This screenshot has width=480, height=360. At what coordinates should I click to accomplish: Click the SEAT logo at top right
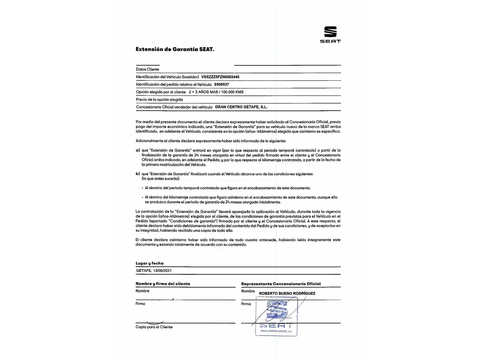330,34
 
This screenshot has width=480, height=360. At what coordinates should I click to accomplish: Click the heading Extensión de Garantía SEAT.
175,49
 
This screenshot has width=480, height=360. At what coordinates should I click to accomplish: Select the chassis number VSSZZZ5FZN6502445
220,77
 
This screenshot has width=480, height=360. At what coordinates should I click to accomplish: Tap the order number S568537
221,85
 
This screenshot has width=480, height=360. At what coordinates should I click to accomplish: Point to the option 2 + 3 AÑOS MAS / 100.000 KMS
216,92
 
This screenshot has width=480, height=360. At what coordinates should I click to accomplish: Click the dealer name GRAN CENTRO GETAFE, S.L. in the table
241,107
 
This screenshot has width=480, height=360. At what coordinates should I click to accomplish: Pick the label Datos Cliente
147,69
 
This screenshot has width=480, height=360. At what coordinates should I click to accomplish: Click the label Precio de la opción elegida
159,100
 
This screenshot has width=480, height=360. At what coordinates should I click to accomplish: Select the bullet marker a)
138,150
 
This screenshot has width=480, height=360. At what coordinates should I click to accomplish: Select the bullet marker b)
138,174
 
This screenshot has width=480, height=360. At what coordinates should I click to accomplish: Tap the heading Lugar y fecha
149,263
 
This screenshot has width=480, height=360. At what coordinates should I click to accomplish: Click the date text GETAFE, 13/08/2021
154,271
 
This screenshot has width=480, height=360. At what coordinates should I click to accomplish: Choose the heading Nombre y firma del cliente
163,284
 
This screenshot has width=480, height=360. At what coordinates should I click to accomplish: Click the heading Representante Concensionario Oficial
281,284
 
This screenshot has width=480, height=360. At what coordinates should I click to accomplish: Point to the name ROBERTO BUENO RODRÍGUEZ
287,294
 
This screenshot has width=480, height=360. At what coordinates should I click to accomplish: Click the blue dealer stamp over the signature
276,316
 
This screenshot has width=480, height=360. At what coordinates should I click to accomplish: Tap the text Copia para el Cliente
154,327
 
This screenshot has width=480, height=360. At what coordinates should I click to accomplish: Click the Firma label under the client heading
140,304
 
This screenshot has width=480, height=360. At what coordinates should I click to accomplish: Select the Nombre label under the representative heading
248,291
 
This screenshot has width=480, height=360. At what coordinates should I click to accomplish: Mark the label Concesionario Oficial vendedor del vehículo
174,107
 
